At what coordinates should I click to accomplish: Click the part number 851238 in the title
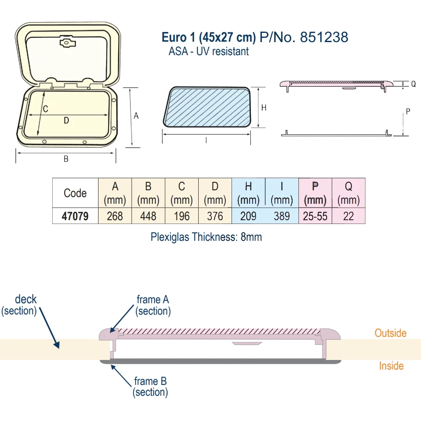[x=324, y=37]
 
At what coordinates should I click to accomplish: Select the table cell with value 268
[x=115, y=216]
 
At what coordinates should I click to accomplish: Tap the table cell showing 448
[x=148, y=216]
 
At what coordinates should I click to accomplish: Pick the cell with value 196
[x=181, y=216]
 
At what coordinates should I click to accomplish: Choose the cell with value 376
[x=215, y=216]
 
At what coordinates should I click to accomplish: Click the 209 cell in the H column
[x=248, y=216]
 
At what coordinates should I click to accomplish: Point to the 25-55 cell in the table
[x=315, y=216]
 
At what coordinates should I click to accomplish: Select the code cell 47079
[x=75, y=216]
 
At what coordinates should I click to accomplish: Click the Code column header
[x=75, y=193]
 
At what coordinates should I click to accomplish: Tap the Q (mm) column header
[x=349, y=193]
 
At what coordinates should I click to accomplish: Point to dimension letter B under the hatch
[x=66, y=159]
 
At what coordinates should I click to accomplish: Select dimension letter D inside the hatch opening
[x=66, y=121]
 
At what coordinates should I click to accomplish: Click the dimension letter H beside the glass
[x=264, y=108]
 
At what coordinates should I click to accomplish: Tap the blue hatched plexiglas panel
[x=208, y=107]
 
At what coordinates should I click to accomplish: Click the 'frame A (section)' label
[x=153, y=305]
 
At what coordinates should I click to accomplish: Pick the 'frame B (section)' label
[x=150, y=387]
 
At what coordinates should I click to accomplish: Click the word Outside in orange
[x=390, y=333]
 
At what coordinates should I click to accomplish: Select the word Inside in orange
[x=391, y=366]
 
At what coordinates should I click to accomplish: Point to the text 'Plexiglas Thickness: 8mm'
[x=206, y=237]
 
